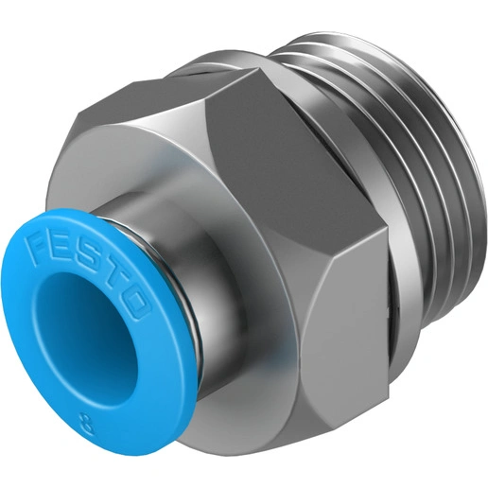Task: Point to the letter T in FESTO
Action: tap(110, 268)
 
